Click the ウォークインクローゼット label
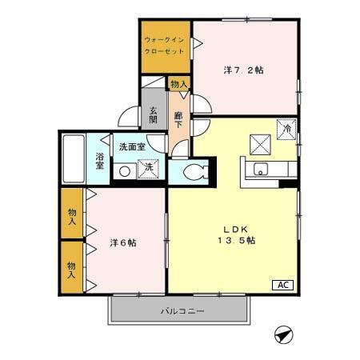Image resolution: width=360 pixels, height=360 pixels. pyautogui.click(x=165, y=45)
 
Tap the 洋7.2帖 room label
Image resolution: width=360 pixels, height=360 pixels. pyautogui.click(x=243, y=70)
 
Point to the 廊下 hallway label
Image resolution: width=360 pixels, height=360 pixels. pyautogui.click(x=179, y=120)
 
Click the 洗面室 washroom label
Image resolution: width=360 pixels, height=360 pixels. pyautogui.click(x=132, y=147)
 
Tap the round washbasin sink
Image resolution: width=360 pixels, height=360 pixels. pyautogui.click(x=125, y=171)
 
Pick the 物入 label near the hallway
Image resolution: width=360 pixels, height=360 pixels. pyautogui.click(x=178, y=83)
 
